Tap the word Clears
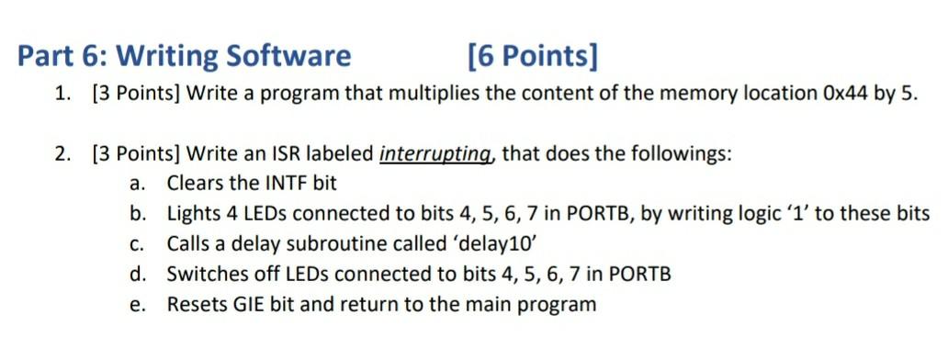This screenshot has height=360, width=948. (x=196, y=184)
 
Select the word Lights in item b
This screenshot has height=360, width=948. (x=193, y=214)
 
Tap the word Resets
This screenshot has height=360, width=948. (x=195, y=305)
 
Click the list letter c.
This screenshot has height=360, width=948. (x=137, y=244)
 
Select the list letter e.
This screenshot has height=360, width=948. (x=137, y=305)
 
